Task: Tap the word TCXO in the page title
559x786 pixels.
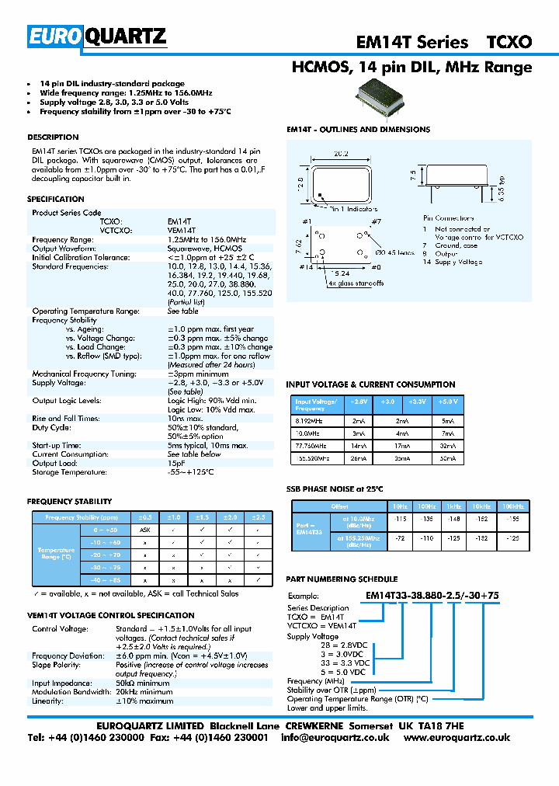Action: tap(509, 43)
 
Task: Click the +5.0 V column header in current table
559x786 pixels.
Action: tap(448, 402)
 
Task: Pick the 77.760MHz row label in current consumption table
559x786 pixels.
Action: tap(311, 447)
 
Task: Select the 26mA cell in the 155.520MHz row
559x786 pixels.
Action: tap(358, 459)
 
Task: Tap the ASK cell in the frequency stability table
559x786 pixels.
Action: tap(144, 529)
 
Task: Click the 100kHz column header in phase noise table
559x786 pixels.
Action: tap(512, 506)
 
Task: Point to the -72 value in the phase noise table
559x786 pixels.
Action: tap(401, 537)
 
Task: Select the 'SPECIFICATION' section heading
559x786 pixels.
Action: tap(56, 200)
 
